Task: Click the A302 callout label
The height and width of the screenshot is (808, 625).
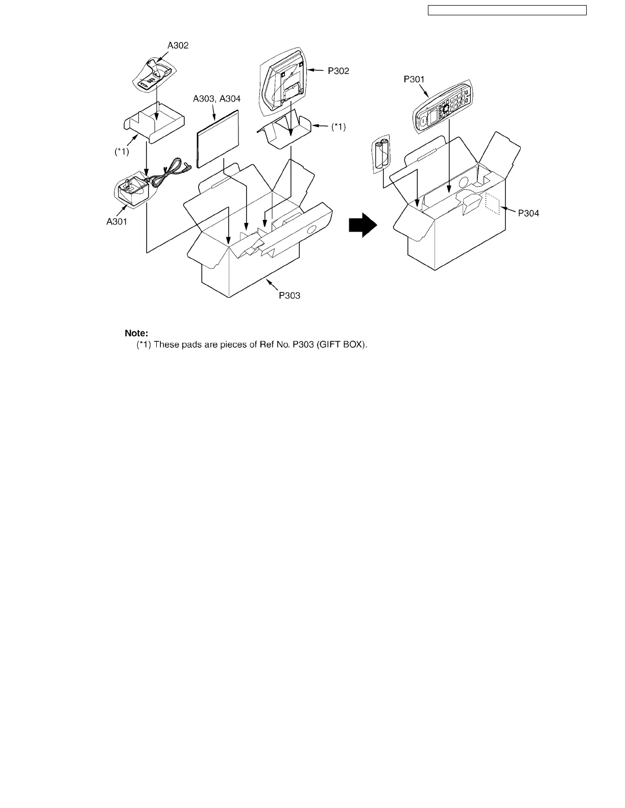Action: pyautogui.click(x=178, y=45)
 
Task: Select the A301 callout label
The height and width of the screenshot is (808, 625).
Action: pyautogui.click(x=117, y=221)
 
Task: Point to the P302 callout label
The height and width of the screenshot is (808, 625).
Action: pyautogui.click(x=339, y=71)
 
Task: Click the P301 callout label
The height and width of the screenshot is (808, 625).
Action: pyautogui.click(x=414, y=80)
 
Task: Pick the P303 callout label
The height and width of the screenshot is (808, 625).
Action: pyautogui.click(x=290, y=295)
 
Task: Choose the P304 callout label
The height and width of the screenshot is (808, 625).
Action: pyautogui.click(x=528, y=214)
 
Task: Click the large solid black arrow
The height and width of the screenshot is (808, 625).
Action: pyautogui.click(x=363, y=225)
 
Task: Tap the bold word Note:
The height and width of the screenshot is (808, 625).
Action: pyautogui.click(x=136, y=333)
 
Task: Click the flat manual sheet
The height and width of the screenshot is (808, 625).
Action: pyautogui.click(x=218, y=138)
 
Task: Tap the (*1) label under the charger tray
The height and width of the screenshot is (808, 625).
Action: pyautogui.click(x=122, y=151)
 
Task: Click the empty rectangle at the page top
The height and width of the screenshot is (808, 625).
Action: pyautogui.click(x=507, y=10)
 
